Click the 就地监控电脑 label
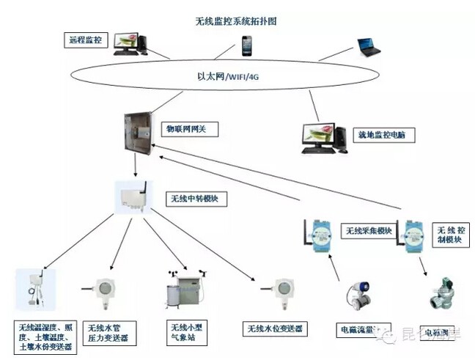click(385, 135)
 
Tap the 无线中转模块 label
click(194, 199)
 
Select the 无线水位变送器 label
click(273, 328)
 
